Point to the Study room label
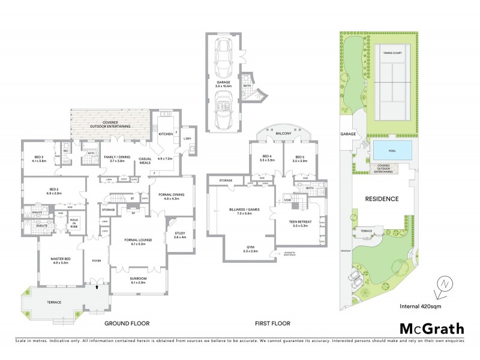coord(180,235)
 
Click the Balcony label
coord(283,133)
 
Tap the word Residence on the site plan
coord(382,198)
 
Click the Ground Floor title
coord(127,323)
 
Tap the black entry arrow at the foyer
coord(95,287)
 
